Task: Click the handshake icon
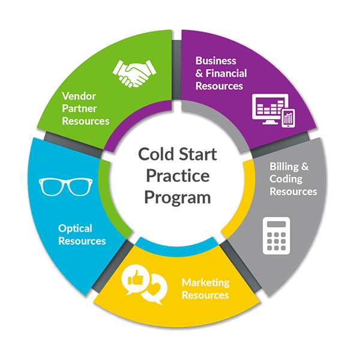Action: (x=134, y=73)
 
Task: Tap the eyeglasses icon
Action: (x=65, y=187)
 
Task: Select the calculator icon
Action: (x=277, y=236)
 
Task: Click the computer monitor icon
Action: (x=270, y=109)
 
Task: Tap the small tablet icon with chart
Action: (x=289, y=118)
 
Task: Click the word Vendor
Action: (x=79, y=96)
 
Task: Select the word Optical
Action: (x=75, y=229)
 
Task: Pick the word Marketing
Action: (x=205, y=283)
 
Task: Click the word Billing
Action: (x=284, y=167)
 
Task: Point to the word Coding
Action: (x=286, y=179)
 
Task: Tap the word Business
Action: (x=215, y=61)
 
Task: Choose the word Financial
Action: (x=226, y=73)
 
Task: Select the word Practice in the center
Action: (x=178, y=176)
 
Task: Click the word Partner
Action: (x=79, y=109)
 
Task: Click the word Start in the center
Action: (x=197, y=154)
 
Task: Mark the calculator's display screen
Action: (x=277, y=224)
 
